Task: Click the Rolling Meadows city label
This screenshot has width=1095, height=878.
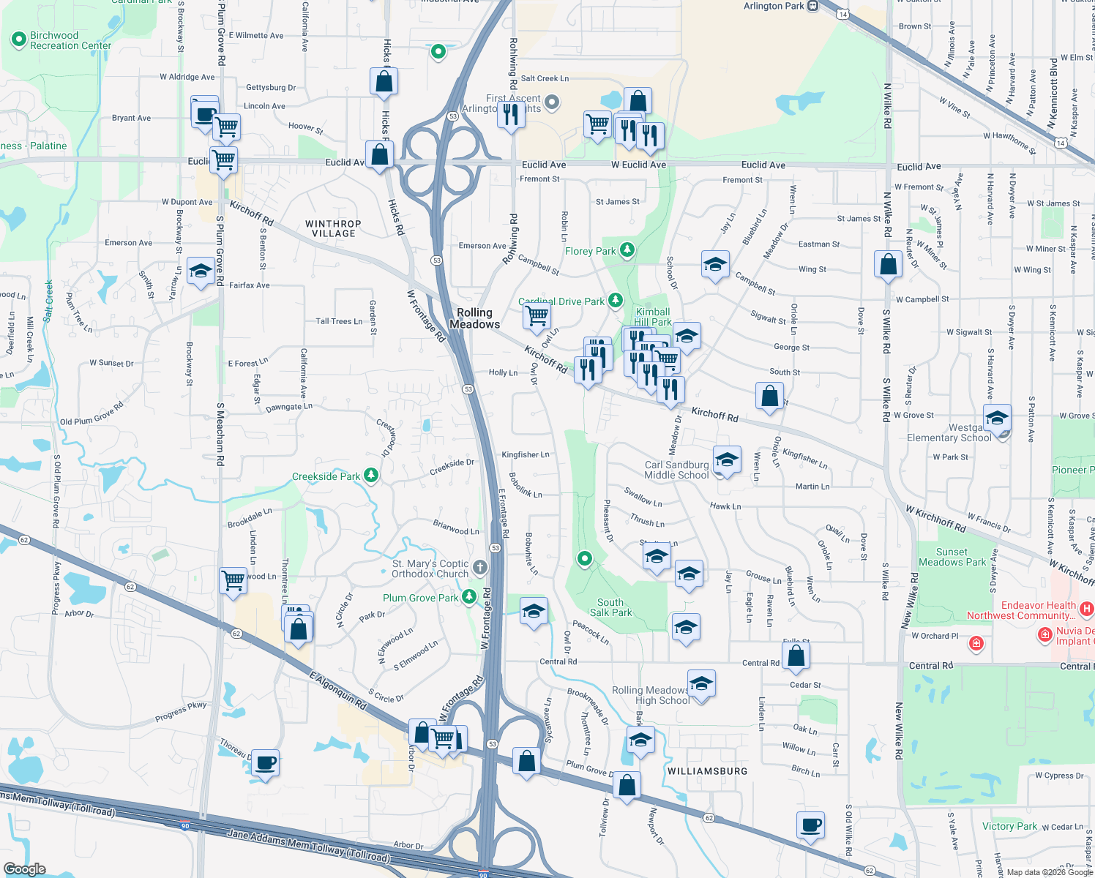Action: click(x=475, y=318)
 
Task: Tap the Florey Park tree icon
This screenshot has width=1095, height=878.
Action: click(x=627, y=250)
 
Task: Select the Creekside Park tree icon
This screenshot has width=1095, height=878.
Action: click(x=371, y=476)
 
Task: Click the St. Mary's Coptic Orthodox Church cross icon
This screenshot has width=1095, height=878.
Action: click(x=479, y=567)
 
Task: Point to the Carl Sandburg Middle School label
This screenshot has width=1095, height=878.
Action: click(x=676, y=470)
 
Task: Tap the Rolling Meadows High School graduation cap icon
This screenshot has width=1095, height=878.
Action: click(x=701, y=684)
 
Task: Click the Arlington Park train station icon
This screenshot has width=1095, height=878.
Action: click(x=812, y=6)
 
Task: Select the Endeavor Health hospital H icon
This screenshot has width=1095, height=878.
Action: click(x=1086, y=608)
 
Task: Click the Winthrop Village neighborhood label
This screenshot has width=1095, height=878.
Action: click(x=333, y=229)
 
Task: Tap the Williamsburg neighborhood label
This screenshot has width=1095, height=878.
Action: click(x=707, y=771)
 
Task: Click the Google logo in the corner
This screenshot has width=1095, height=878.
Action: click(x=25, y=868)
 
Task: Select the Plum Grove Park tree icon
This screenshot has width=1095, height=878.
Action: click(x=469, y=597)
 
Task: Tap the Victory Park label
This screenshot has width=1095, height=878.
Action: click(x=1009, y=826)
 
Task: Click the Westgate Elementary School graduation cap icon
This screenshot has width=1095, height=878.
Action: click(x=997, y=419)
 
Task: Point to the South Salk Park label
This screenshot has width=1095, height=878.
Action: click(x=610, y=607)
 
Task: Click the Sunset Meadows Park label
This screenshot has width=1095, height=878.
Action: click(x=952, y=557)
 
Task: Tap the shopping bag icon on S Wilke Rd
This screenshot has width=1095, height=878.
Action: click(x=888, y=264)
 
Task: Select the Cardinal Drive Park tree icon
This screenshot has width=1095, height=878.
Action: click(x=616, y=300)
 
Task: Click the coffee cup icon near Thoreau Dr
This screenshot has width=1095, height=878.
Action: click(x=265, y=763)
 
